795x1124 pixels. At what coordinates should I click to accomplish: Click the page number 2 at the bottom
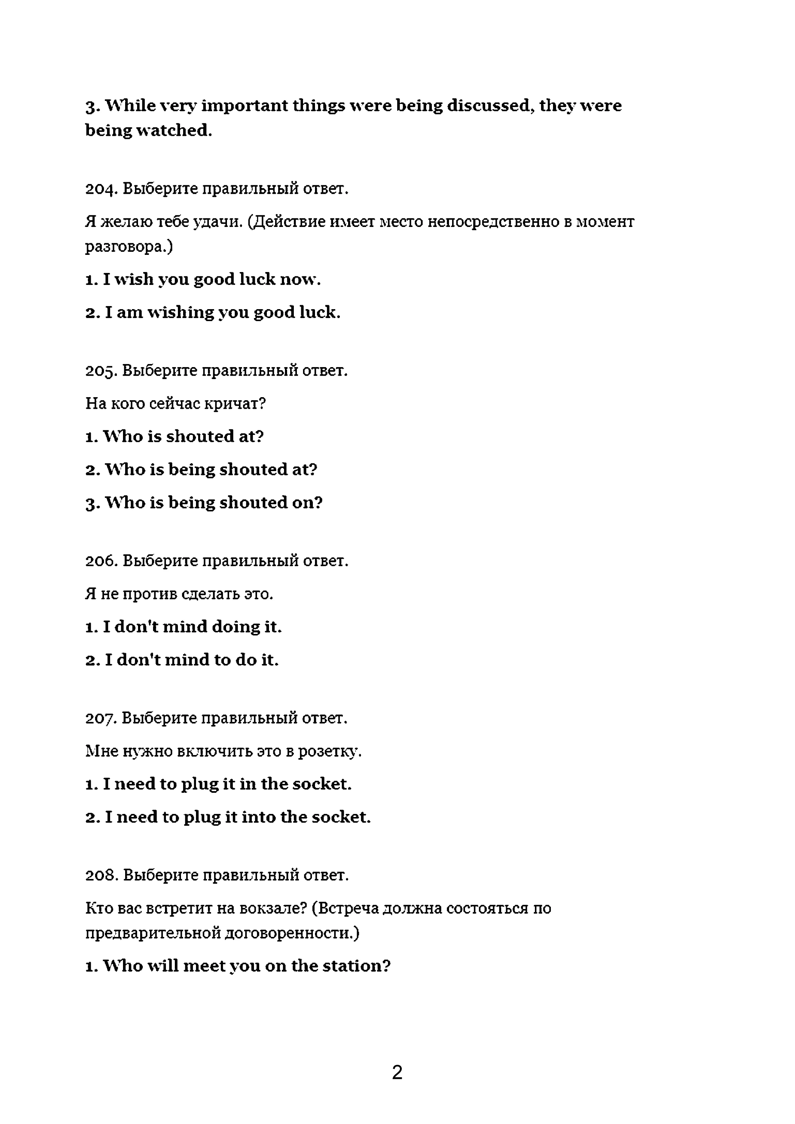397,1072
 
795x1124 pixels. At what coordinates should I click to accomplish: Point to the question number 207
100,718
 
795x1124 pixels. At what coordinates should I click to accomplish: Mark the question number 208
101,875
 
